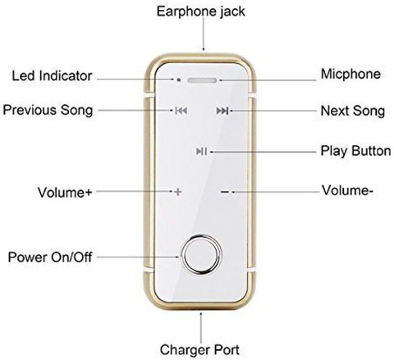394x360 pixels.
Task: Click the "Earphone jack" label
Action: pos(201,11)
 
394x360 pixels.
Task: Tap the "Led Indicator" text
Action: pos(52,75)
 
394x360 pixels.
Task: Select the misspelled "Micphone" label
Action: pos(350,75)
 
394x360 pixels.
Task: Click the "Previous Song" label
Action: pos(48,111)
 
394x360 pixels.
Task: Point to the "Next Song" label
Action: pos(353,111)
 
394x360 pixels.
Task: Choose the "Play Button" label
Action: pos(355,151)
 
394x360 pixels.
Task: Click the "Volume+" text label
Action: pos(65,192)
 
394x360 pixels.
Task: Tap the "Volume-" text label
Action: pos(347,190)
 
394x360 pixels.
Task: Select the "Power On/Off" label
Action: pos(50,257)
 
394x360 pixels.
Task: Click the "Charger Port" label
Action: pos(199,350)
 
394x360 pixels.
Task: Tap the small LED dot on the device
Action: pos(179,80)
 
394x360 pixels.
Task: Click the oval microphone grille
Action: pos(202,80)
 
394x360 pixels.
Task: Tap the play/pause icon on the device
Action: pos(201,151)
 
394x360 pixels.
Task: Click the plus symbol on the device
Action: pos(178,192)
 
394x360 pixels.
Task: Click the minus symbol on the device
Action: pos(225,192)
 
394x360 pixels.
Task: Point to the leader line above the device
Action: pos(204,34)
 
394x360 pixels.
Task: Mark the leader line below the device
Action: pos(201,328)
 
